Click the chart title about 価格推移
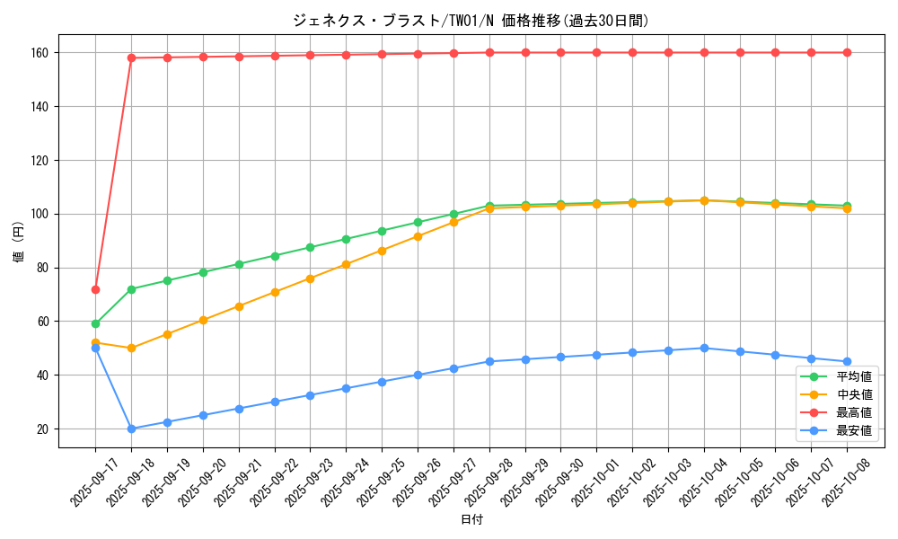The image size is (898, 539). click(471, 21)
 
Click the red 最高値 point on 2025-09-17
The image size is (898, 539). click(95, 289)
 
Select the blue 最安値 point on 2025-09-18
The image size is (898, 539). click(131, 429)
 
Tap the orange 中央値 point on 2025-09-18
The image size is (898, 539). click(131, 348)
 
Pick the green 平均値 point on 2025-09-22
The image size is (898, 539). click(275, 256)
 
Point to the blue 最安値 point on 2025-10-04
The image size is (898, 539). click(704, 348)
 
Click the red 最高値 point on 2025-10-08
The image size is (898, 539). click(847, 52)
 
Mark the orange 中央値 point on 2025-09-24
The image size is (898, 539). click(346, 264)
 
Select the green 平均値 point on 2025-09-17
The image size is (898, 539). click(95, 323)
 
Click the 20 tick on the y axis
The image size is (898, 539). click(43, 429)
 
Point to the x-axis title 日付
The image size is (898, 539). click(471, 520)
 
